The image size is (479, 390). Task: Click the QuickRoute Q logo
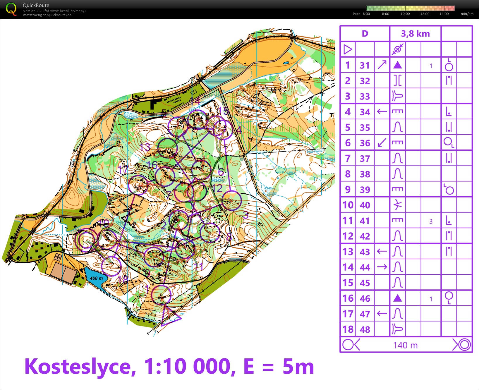coord(11,9)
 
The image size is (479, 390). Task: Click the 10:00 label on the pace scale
coord(405,14)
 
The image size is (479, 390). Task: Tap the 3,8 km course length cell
coord(415,34)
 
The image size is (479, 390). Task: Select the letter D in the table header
coord(365,34)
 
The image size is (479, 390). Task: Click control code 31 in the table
coord(365,65)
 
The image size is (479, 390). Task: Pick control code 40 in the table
coord(365,205)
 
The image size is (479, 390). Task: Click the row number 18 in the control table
coord(348,329)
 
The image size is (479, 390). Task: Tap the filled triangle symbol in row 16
coord(397,298)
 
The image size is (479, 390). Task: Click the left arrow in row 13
coord(382,251)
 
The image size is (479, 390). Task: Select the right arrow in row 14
coord(382,267)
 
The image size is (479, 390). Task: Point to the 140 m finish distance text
coord(405,345)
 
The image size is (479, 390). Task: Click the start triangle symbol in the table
coord(348,49)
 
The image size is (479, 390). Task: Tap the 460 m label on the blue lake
coord(96,278)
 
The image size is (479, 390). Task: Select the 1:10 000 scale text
coord(189,366)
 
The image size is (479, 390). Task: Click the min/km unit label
coord(467,14)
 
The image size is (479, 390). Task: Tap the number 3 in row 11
coord(431,221)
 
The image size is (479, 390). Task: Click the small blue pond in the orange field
coord(286,63)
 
